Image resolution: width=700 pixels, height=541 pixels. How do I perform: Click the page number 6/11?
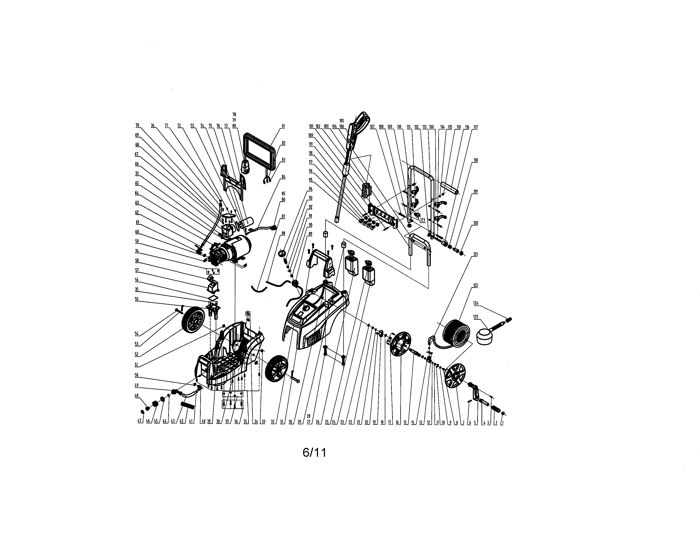pos(314,453)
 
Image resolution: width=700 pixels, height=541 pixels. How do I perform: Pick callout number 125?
pos(476,317)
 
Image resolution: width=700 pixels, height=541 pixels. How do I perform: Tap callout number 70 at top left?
pos(137,125)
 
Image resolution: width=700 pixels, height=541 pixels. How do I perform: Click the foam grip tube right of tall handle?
pos(450,188)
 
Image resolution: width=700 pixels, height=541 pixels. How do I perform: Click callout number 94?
pos(310,189)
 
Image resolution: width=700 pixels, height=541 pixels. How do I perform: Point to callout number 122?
pos(476,285)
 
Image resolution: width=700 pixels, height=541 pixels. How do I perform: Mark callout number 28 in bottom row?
pos(308,416)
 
